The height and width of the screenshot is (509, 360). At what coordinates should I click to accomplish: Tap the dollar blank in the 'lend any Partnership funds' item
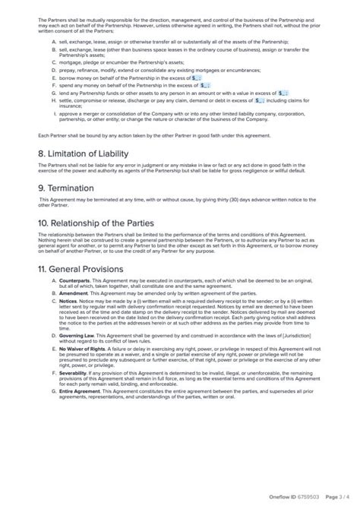click(x=285, y=93)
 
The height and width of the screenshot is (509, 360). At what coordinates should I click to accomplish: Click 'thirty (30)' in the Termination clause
click(x=228, y=200)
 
